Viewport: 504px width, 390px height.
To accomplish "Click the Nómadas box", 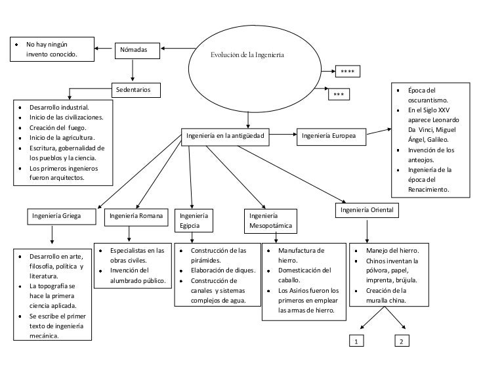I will tap(137, 51).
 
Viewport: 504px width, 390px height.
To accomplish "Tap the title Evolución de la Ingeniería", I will tap(247, 55).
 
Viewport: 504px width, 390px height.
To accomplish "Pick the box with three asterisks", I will tap(339, 95).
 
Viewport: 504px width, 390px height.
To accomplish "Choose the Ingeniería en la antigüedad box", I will tap(225, 137).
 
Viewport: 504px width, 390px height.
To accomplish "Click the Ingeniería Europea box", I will tap(331, 137).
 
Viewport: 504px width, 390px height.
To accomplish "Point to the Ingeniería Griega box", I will tap(57, 216).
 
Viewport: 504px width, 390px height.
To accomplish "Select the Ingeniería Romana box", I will tap(135, 216).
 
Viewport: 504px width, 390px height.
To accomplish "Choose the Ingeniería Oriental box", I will tap(366, 211).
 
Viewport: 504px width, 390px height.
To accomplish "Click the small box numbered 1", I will tap(355, 341).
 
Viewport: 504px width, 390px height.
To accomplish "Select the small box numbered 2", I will tap(402, 341).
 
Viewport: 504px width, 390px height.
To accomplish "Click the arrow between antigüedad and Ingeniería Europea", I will tap(283, 136).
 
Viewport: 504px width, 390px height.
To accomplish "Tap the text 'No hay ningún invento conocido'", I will tap(52, 50).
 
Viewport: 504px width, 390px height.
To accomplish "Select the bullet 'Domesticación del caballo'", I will tap(304, 275).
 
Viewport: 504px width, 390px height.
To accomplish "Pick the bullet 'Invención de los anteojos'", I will tap(430, 155).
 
